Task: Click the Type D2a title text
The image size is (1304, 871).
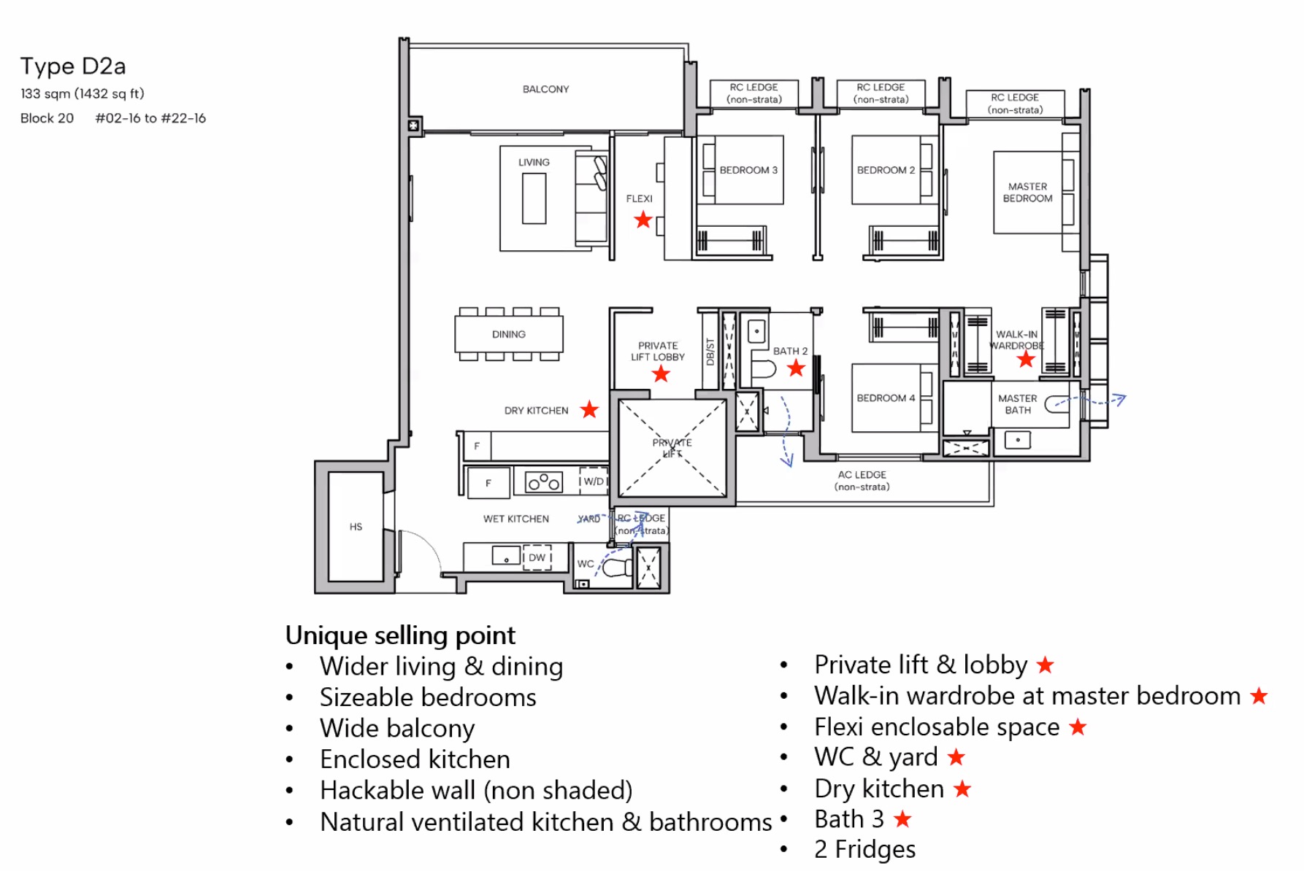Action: pyautogui.click(x=73, y=66)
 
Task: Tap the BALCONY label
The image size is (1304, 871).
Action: pyautogui.click(x=545, y=89)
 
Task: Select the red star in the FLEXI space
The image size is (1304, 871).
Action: pyautogui.click(x=643, y=220)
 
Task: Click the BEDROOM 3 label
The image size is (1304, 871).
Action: pyautogui.click(x=748, y=170)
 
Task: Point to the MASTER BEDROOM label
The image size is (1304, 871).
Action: pyautogui.click(x=1027, y=193)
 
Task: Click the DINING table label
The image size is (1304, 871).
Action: pyautogui.click(x=509, y=334)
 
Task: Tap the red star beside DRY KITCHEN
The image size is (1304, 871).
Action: pyautogui.click(x=589, y=410)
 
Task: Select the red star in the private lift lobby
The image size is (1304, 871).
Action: pyautogui.click(x=661, y=374)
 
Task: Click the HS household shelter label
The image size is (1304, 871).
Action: pyautogui.click(x=356, y=527)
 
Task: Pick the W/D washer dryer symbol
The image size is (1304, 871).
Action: pyautogui.click(x=594, y=481)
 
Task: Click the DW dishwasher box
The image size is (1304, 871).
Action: pyautogui.click(x=537, y=558)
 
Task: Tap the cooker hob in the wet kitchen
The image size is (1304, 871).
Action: pyautogui.click(x=544, y=482)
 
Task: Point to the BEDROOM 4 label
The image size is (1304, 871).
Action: pyautogui.click(x=886, y=398)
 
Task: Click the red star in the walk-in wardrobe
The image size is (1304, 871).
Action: pyautogui.click(x=1026, y=359)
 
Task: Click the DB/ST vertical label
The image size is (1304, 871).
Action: pyautogui.click(x=710, y=352)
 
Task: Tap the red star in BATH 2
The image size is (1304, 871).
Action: pyautogui.click(x=796, y=368)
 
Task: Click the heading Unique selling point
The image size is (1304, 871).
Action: pyautogui.click(x=400, y=635)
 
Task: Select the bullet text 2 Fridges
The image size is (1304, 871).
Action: pyautogui.click(x=864, y=850)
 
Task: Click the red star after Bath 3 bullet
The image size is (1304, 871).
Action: pyautogui.click(x=902, y=819)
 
